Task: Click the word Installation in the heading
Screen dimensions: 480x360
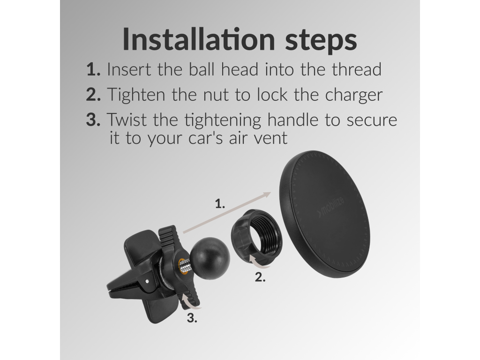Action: click(x=199, y=39)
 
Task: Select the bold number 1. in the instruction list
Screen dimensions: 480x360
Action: click(x=93, y=69)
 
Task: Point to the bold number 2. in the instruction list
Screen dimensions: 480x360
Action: click(x=93, y=94)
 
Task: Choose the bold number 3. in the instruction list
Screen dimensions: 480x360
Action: click(x=93, y=120)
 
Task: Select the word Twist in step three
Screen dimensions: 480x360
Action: click(x=127, y=120)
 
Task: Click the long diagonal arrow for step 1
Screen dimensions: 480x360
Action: click(x=227, y=212)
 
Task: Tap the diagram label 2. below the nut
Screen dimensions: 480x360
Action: click(x=260, y=277)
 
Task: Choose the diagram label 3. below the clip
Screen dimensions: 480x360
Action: click(x=192, y=318)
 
